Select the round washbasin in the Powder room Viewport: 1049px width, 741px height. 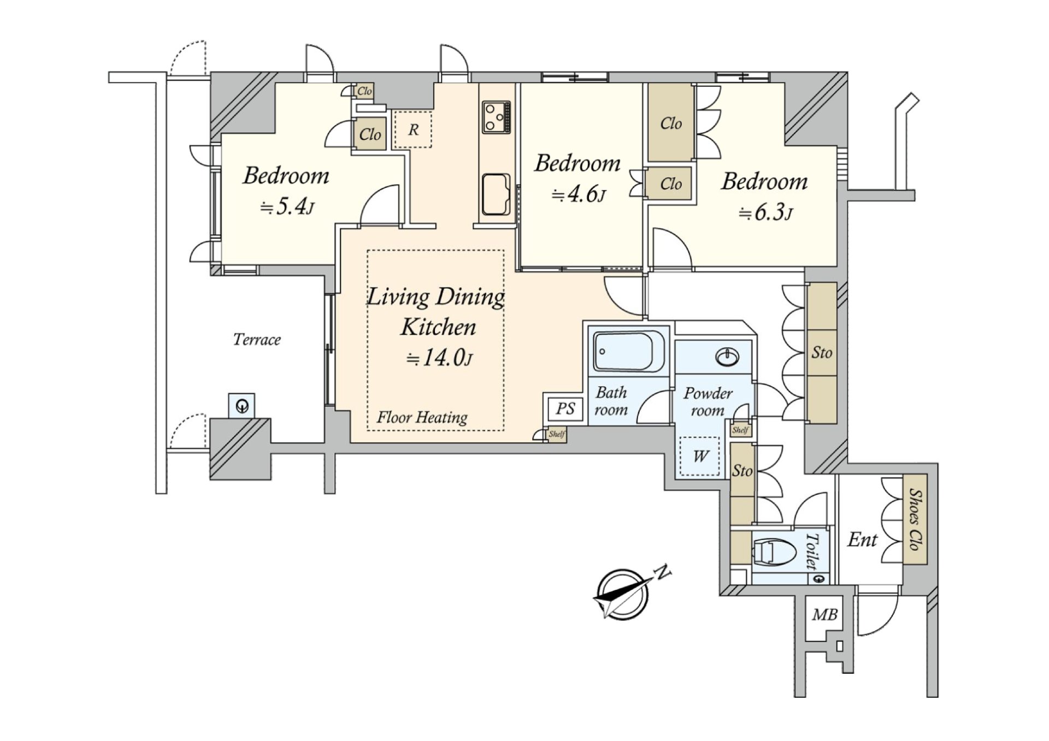727,358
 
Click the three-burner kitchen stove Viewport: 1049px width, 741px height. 496,117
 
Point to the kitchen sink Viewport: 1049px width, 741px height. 496,194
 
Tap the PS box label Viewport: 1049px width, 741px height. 565,408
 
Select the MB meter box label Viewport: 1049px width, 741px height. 824,615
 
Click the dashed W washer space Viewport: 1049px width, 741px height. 700,456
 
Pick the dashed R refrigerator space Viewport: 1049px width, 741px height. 412,129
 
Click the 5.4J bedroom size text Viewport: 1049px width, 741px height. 287,207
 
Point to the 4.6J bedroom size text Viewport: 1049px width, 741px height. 579,195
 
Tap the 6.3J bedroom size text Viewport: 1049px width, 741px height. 765,212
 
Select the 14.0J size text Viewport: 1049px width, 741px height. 439,358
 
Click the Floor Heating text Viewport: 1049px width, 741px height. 422,418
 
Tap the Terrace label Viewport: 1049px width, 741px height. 257,340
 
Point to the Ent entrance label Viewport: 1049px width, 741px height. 862,540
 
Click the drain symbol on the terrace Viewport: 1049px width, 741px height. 242,406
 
